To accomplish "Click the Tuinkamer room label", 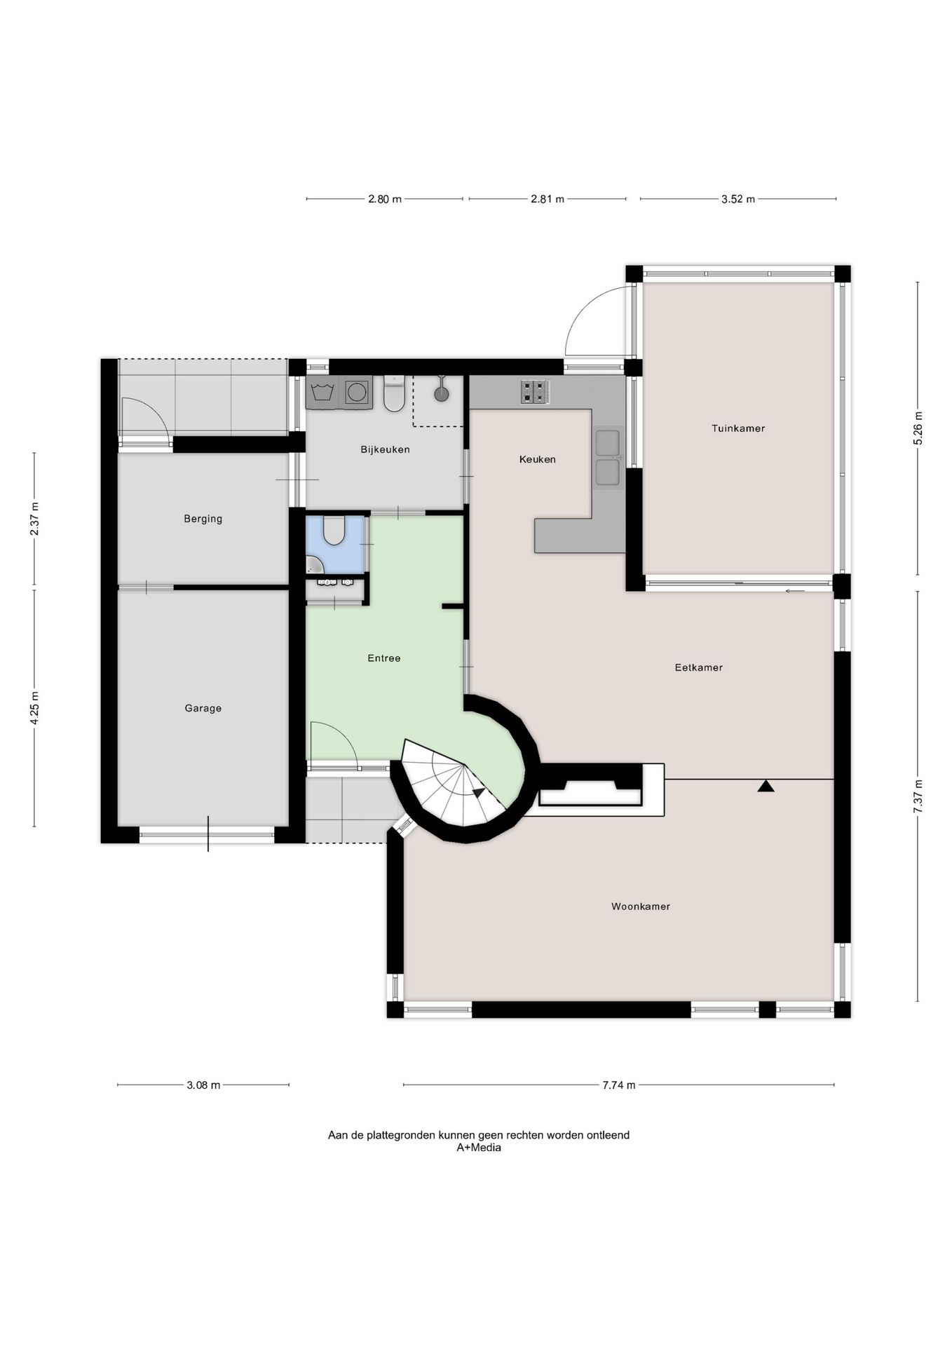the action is click(737, 428).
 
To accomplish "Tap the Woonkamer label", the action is click(641, 906).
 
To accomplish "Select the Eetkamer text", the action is click(698, 667).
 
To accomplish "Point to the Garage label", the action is click(203, 708).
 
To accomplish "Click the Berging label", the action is click(203, 519).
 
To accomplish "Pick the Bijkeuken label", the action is click(385, 449).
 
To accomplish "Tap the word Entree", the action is click(384, 658).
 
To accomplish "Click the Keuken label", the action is click(537, 459).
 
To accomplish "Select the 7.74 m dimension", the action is click(618, 1085).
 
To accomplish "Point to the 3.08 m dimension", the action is click(203, 1085).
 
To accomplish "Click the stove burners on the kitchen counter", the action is click(535, 392).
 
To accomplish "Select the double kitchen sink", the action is click(607, 457).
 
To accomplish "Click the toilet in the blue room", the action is click(334, 531).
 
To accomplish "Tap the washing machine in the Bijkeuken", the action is click(357, 392).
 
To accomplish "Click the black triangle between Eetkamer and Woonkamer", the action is click(766, 787).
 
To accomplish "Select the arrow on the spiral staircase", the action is click(480, 793).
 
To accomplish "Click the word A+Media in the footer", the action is click(479, 1148).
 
